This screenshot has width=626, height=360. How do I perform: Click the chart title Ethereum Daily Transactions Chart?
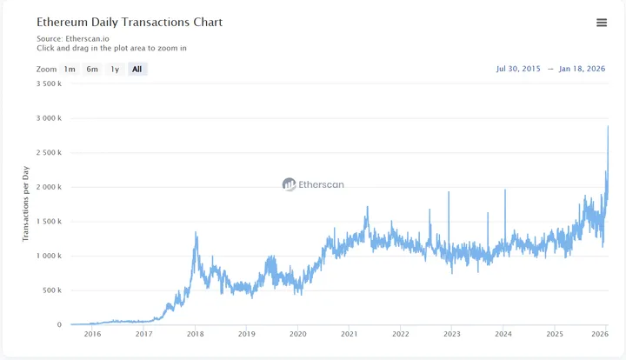click(x=130, y=22)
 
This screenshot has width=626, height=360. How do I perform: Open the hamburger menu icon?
click(x=602, y=23)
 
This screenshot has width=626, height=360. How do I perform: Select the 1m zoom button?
click(x=70, y=69)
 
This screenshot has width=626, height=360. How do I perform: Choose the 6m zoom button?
click(x=92, y=69)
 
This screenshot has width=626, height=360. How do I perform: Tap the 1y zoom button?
click(x=115, y=69)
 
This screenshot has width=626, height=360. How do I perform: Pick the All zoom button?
click(x=137, y=69)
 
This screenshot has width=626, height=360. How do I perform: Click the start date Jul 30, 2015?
click(x=519, y=69)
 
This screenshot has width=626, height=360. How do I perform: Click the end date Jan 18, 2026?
click(x=583, y=69)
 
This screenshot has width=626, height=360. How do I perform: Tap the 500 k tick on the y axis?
click(x=49, y=290)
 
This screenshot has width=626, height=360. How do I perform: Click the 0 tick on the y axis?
click(x=58, y=324)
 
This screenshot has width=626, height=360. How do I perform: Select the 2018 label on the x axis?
click(x=195, y=334)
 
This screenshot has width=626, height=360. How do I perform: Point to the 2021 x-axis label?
click(x=350, y=334)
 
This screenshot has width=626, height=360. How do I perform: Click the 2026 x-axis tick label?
click(x=600, y=334)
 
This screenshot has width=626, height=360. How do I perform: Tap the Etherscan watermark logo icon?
click(x=290, y=184)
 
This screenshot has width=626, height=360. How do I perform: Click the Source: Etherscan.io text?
click(x=73, y=39)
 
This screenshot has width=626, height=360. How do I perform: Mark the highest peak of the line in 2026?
click(x=608, y=127)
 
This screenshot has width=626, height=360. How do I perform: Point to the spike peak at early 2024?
click(x=504, y=190)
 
